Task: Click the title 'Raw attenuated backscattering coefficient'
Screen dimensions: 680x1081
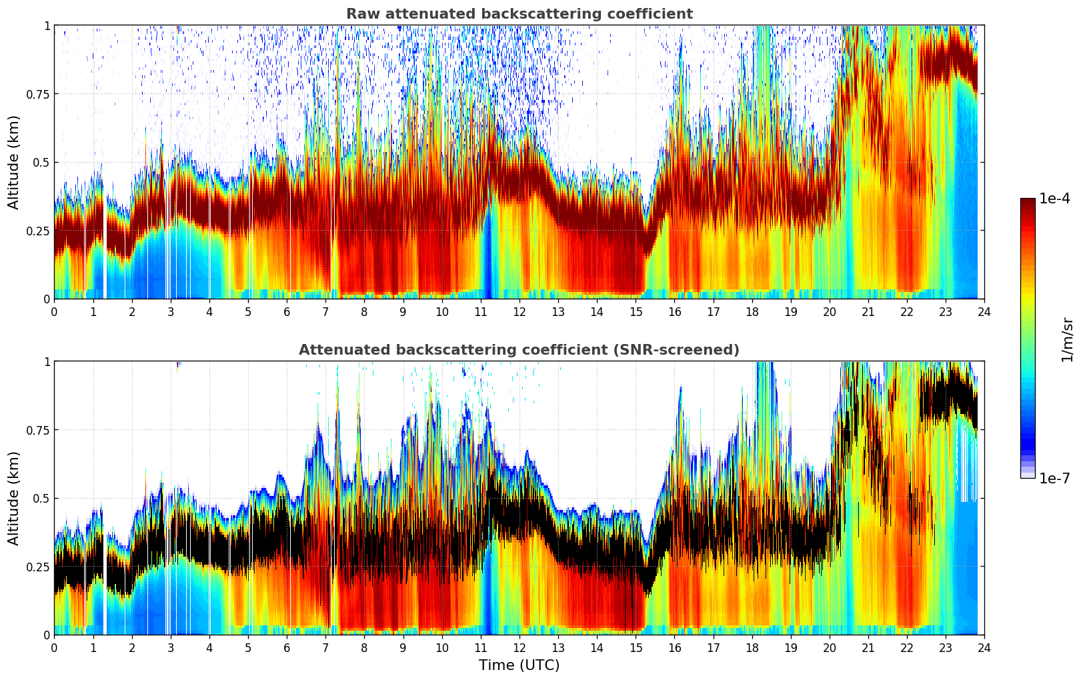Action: [519, 14]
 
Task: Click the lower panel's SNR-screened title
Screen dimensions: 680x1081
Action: [519, 350]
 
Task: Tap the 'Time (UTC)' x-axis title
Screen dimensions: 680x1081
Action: [519, 665]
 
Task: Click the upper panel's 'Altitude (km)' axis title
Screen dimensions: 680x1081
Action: [14, 162]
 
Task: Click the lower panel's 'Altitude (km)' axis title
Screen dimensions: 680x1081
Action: [14, 498]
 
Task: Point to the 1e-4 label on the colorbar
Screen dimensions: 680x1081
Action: [1054, 199]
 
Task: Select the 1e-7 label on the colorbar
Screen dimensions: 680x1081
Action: [1054, 478]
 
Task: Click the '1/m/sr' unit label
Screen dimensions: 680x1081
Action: [1067, 339]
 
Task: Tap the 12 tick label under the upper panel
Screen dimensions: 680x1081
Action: [519, 311]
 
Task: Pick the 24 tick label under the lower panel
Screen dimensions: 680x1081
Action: [984, 647]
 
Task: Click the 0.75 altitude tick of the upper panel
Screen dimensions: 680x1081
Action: [38, 94]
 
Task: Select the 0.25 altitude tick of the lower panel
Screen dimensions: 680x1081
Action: [38, 567]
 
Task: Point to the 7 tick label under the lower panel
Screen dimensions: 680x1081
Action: [325, 647]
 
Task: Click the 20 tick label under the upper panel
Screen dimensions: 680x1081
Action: [829, 311]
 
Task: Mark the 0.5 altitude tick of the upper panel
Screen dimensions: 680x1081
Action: [41, 163]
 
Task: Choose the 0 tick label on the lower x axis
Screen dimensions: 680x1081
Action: [54, 647]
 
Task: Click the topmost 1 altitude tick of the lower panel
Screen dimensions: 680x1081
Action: [47, 362]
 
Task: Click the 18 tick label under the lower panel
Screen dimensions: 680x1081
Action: [752, 647]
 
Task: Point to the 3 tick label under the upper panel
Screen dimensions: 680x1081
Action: [171, 311]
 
